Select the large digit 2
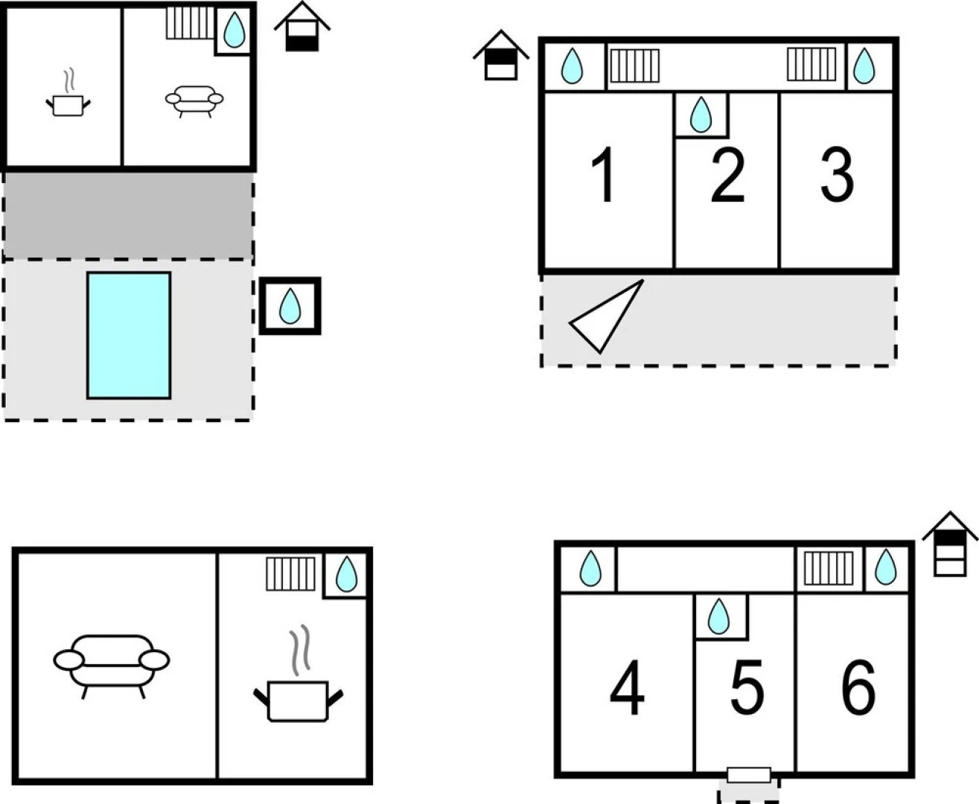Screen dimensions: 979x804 pyautogui.click(x=727, y=176)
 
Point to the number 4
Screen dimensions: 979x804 pyautogui.click(x=627, y=688)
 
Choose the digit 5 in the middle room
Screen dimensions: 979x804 pyautogui.click(x=747, y=687)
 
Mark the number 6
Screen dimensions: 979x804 pyautogui.click(x=858, y=687)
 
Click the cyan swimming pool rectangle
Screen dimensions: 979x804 pyautogui.click(x=129, y=336)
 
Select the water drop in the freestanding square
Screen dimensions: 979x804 pyautogui.click(x=290, y=306)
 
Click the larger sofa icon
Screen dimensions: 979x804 pyautogui.click(x=112, y=666)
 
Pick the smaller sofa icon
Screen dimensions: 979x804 pyautogui.click(x=194, y=101)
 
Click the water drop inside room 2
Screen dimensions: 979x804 pyautogui.click(x=701, y=115)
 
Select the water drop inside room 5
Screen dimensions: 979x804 pyautogui.click(x=718, y=616)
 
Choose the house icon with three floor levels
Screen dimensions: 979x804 pyautogui.click(x=950, y=544)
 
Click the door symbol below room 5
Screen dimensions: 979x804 pyautogui.click(x=749, y=775)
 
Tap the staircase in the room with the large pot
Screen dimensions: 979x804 pyautogui.click(x=290, y=574)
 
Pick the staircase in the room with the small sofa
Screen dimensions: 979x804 pyautogui.click(x=191, y=22)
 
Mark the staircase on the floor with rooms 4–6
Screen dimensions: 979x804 pyautogui.click(x=829, y=568)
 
